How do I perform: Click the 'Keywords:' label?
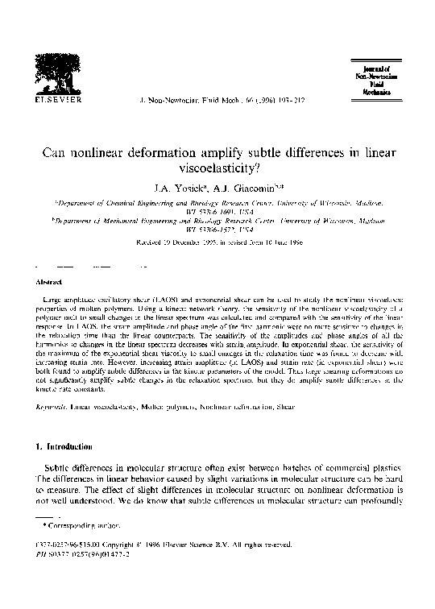[x=51, y=408]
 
